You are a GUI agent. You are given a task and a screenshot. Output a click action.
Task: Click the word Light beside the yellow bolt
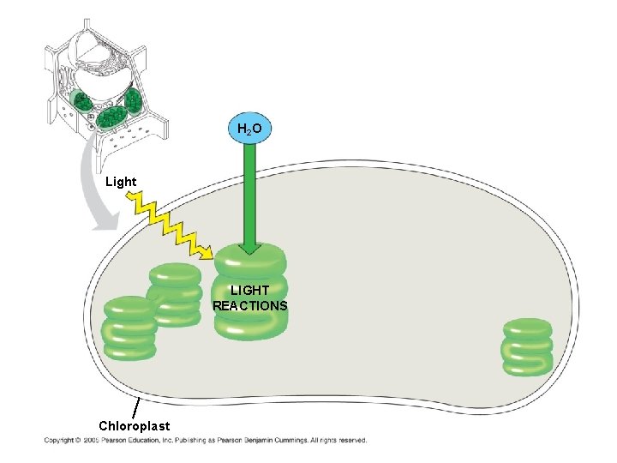120,182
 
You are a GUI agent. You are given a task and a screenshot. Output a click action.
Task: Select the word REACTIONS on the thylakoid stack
250,306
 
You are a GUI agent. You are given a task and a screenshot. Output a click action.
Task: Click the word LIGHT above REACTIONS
249,292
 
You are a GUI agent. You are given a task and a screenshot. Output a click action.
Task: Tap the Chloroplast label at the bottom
134,425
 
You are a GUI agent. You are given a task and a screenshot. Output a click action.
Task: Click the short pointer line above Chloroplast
137,406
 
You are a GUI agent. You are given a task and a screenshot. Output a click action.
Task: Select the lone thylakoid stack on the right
527,346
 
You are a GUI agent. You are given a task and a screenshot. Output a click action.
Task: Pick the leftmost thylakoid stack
129,328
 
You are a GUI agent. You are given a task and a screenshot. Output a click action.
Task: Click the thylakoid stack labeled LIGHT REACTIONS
250,292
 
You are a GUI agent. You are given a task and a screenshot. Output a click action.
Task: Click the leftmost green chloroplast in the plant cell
81,102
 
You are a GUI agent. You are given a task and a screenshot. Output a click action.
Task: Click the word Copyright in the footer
58,441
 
